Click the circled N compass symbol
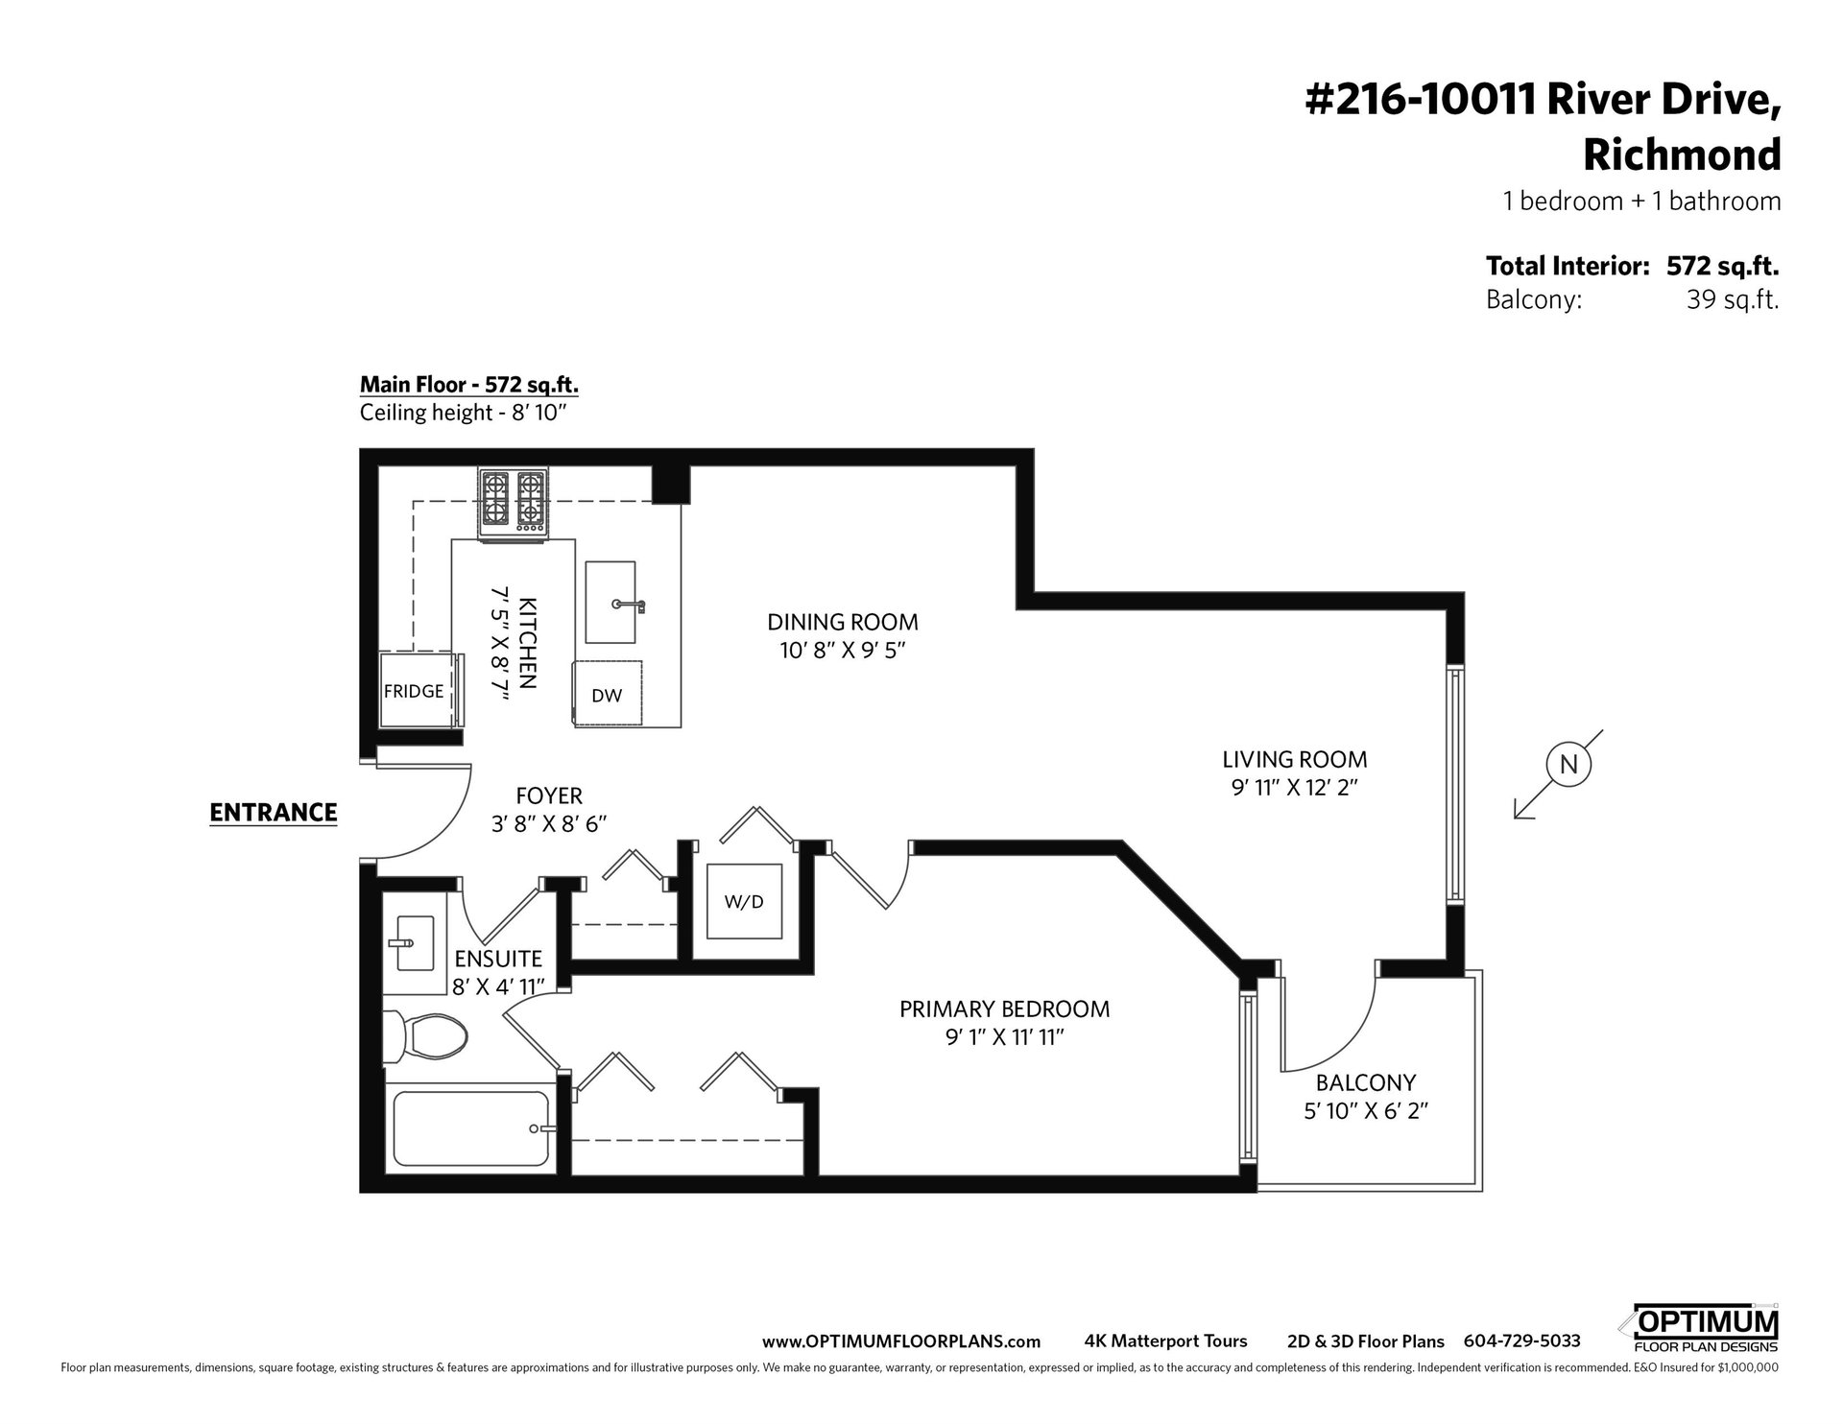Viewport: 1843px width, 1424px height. click(x=1569, y=765)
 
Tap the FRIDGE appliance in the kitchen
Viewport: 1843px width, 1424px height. click(x=414, y=690)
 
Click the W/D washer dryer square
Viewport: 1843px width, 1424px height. click(x=746, y=901)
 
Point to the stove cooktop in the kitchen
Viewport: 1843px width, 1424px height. click(x=514, y=502)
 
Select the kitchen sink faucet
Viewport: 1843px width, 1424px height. click(x=629, y=605)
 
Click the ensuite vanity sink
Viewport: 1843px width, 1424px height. click(x=410, y=942)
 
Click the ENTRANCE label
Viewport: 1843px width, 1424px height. click(x=274, y=813)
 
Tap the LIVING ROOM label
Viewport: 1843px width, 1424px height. click(x=1295, y=759)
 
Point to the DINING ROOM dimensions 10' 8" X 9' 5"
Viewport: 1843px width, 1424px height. click(x=842, y=651)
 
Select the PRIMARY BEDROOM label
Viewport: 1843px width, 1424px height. click(x=1004, y=1009)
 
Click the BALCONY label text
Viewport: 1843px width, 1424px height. click(x=1365, y=1082)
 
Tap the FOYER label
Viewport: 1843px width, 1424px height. click(x=549, y=795)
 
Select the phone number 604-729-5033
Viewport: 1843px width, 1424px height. click(x=1521, y=1341)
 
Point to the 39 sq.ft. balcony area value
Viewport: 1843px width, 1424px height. click(x=1733, y=300)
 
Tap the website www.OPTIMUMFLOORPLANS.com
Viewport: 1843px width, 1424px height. click(x=901, y=1341)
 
